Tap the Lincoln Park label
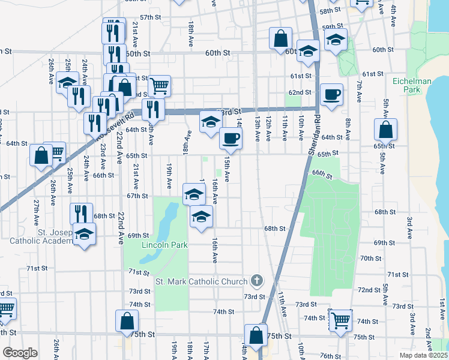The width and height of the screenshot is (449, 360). click(165, 245)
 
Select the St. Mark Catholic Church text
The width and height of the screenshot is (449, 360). click(201, 281)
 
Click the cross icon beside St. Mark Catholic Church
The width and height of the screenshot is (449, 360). click(257, 280)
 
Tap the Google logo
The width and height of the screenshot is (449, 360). click(20, 353)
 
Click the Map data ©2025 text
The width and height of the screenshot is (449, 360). click(423, 355)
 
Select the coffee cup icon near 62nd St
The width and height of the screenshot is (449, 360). click(331, 94)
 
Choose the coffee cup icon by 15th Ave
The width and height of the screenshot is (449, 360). click(231, 139)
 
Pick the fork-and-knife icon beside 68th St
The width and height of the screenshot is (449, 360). click(81, 214)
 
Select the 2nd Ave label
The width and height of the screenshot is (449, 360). click(428, 338)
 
